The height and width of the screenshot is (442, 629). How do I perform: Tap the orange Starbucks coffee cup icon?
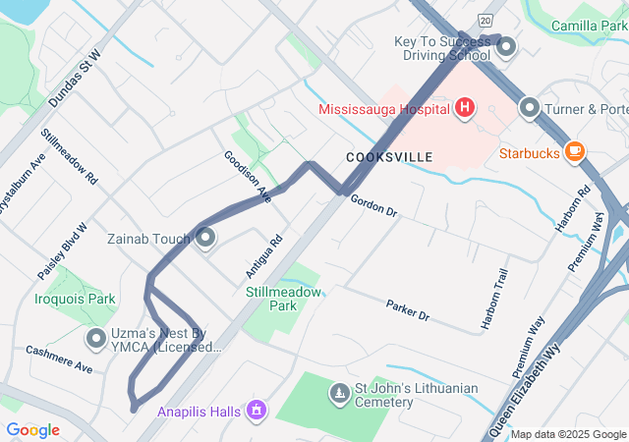(575, 152)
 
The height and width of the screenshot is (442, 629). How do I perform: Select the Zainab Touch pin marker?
(206, 238)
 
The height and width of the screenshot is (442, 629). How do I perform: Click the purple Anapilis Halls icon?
(257, 409)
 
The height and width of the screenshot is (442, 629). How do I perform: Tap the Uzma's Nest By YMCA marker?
(96, 340)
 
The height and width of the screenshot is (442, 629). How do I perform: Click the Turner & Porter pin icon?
(530, 108)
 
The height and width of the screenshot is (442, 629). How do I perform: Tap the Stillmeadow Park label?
(282, 299)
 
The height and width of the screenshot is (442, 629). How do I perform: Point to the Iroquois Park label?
(75, 299)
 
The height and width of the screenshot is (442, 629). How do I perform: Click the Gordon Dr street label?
(373, 206)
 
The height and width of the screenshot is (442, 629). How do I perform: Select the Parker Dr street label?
(408, 310)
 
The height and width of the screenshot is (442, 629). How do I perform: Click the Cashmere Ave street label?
(59, 359)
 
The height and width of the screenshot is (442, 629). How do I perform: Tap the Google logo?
(32, 430)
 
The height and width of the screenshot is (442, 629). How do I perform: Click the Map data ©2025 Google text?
(568, 434)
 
